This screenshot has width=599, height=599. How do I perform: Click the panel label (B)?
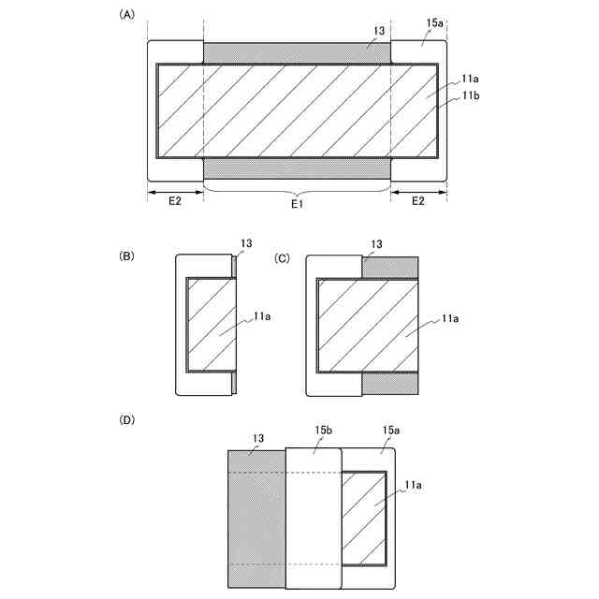coord(126,256)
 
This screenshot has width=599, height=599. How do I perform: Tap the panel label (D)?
coord(126,420)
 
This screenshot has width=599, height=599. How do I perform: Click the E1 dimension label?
coord(296,201)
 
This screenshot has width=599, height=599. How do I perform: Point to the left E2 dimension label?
coord(175,201)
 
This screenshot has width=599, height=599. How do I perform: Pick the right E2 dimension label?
coord(418,201)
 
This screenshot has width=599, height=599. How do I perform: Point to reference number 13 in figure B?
coord(246,244)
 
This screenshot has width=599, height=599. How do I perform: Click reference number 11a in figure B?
coord(263,317)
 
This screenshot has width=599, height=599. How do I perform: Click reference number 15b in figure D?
coord(323,430)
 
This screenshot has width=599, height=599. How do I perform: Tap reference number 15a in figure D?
coord(391,430)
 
